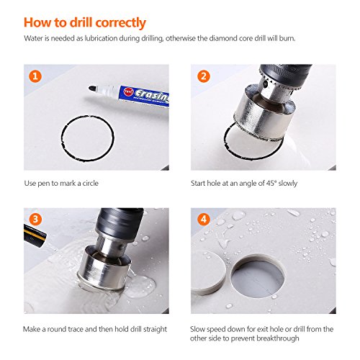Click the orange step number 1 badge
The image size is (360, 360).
[x=35, y=76]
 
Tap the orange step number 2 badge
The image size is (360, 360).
[x=204, y=76]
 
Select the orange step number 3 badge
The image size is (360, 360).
[x=35, y=220]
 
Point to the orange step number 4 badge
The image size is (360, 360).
[x=204, y=220]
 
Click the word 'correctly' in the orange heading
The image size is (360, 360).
[x=121, y=23]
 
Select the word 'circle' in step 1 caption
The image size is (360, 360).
[x=91, y=183]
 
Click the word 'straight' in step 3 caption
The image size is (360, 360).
[x=155, y=329]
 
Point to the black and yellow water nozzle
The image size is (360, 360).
[x=35, y=235]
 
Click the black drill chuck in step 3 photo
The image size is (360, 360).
[x=120, y=222]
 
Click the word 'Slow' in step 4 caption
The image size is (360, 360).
[x=197, y=329]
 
